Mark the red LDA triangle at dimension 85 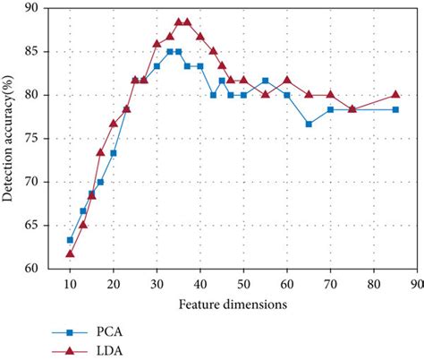point(395,94)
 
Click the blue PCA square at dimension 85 point(395,109)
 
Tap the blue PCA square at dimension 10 point(70,240)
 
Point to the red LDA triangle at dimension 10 point(70,253)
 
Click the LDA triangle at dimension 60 point(286,80)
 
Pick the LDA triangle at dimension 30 point(157,43)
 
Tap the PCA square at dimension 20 point(114,153)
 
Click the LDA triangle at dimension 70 point(330,94)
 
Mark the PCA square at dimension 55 point(265,81)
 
